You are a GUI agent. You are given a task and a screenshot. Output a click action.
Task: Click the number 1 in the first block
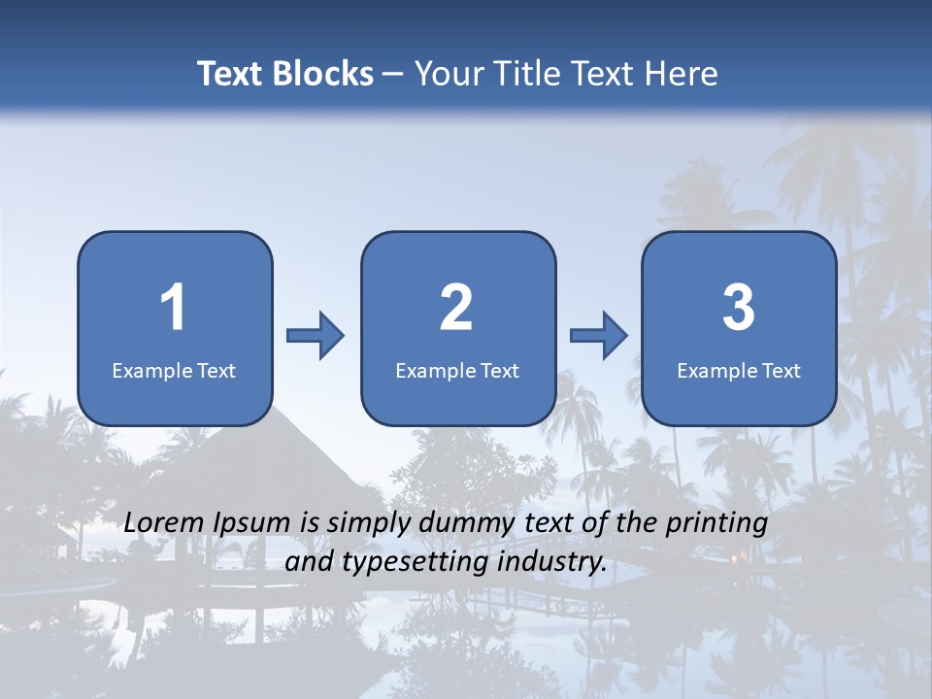[x=173, y=308]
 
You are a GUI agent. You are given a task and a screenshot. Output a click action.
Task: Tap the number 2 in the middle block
[x=456, y=308]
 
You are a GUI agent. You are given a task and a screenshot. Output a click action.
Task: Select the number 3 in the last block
[x=739, y=308]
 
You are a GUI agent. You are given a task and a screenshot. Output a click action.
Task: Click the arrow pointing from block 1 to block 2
[x=316, y=336]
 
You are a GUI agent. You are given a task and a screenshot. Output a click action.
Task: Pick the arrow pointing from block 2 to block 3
[x=598, y=336]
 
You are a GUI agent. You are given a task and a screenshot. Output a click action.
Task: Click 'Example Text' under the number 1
[x=174, y=370]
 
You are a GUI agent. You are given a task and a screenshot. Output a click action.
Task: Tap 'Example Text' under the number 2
[x=457, y=370]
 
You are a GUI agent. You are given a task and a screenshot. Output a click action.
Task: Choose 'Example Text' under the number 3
[x=739, y=370]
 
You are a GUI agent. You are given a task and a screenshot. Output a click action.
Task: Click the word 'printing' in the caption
[x=717, y=524]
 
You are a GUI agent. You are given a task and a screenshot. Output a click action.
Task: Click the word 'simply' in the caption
[x=368, y=524]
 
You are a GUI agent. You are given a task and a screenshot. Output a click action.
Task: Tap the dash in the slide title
[x=393, y=75]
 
